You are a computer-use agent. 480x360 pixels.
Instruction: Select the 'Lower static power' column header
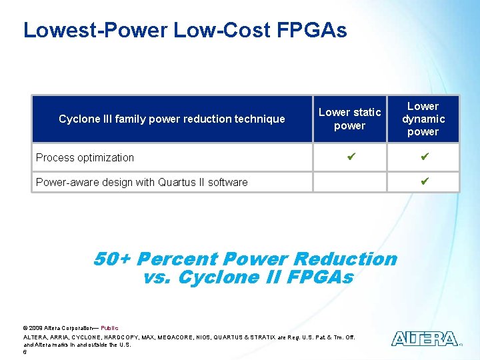[349, 119]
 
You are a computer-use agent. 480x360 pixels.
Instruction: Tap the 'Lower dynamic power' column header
[423, 119]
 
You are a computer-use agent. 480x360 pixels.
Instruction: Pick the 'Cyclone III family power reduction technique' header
[171, 119]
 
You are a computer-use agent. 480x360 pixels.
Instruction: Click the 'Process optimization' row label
[85, 157]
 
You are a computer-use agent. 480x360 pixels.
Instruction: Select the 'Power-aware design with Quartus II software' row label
[141, 182]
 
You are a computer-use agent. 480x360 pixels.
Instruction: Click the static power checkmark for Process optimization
[349, 157]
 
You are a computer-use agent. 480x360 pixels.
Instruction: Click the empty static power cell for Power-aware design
[349, 181]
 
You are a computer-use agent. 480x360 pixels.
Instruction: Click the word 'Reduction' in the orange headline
[344, 259]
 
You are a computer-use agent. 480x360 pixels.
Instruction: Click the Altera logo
[425, 338]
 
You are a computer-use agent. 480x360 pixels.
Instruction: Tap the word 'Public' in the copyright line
[109, 328]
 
